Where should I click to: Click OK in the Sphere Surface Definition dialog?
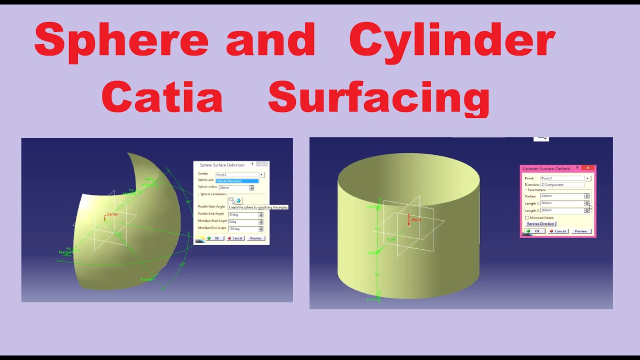point(213,238)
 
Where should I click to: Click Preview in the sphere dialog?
point(255,238)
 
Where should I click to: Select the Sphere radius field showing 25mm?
point(233,188)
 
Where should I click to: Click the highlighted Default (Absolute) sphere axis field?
point(237,181)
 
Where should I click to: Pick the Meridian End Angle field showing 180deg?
point(242,229)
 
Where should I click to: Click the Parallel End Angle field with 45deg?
point(242,215)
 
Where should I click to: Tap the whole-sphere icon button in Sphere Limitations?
point(238,200)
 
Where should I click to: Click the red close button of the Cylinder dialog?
point(588,168)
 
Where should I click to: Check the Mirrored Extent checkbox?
point(526,218)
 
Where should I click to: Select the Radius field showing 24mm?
point(561,196)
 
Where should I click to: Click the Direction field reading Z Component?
point(562,185)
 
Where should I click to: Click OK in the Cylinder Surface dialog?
point(534,231)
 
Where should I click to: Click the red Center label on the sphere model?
point(112,215)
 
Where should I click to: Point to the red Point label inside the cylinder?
point(416,220)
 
